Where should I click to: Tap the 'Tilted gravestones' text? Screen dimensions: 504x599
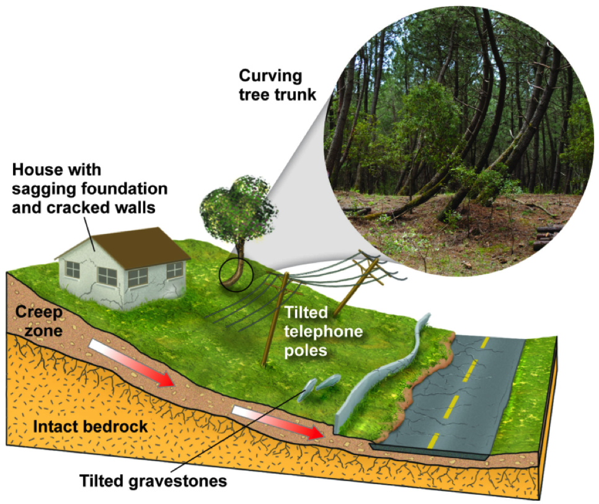(153, 479)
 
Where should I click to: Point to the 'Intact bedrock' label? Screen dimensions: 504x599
(91, 426)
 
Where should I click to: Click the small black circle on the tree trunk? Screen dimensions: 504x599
(236, 272)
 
